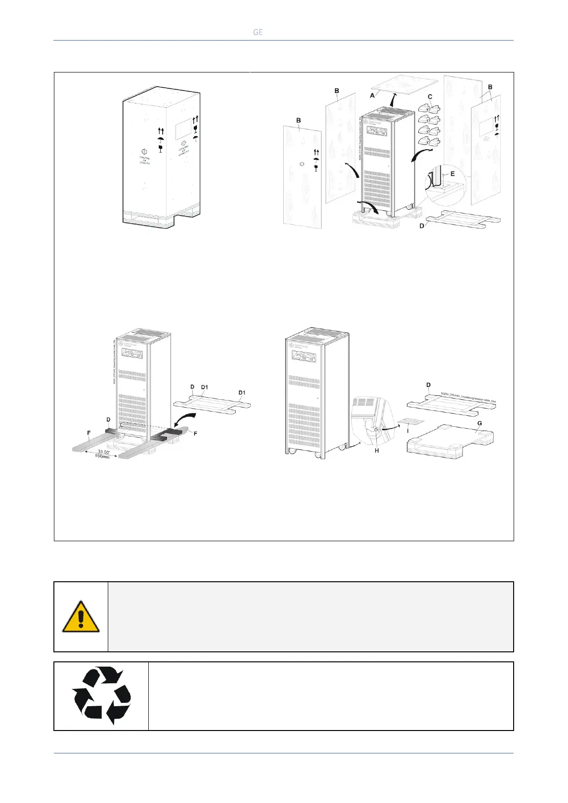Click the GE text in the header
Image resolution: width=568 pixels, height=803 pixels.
(x=258, y=32)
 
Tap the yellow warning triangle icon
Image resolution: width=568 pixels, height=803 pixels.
(x=81, y=617)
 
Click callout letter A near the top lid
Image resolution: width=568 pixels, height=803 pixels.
(x=372, y=96)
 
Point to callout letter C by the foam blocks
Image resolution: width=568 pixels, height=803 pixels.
(x=430, y=97)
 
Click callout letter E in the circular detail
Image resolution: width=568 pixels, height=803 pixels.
(x=452, y=174)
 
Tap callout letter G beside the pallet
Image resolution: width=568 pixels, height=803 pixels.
(x=479, y=423)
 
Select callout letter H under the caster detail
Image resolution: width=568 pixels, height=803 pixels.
(x=376, y=450)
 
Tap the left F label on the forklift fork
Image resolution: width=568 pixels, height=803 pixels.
(x=89, y=433)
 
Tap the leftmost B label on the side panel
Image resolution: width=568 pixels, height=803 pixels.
(x=299, y=121)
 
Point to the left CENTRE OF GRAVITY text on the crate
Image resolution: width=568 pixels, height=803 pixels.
(x=145, y=160)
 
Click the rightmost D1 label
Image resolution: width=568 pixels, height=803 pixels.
(x=242, y=392)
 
